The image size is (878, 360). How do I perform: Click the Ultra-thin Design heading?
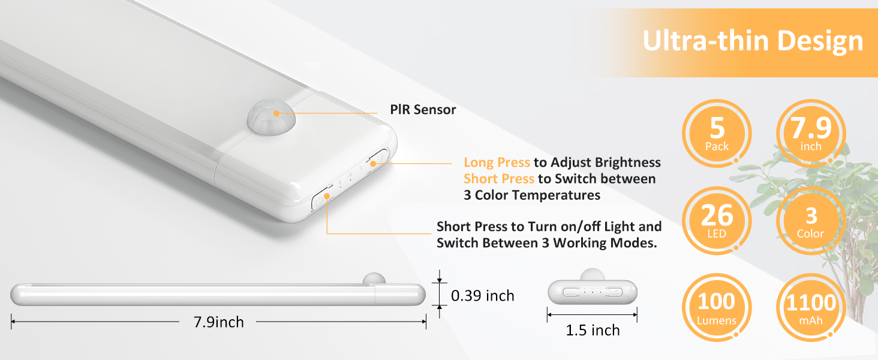753,41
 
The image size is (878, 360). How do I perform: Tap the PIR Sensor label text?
423,110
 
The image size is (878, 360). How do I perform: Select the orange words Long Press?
497,163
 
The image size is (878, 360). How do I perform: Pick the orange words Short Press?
498,179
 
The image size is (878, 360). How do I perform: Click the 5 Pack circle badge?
717,134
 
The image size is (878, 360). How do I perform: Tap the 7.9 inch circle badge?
810,134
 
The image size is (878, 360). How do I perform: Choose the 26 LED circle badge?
717,221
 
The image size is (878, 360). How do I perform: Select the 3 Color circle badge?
810,221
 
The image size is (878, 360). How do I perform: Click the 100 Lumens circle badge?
717,308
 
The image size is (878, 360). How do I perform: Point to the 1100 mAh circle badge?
810,308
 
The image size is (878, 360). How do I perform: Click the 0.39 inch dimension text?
483,295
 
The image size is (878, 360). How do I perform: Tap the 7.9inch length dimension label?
218,322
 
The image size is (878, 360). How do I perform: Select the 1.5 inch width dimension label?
593,330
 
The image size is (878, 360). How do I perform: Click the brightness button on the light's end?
379,158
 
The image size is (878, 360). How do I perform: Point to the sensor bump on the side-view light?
374,279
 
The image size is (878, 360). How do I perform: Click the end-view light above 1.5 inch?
592,292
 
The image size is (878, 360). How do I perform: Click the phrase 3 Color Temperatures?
532,195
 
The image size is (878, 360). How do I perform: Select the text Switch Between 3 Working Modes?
546,243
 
